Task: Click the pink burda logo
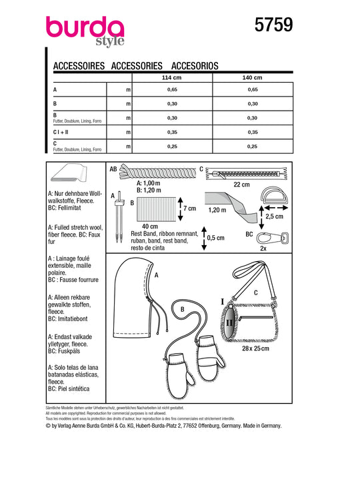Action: click(x=85, y=31)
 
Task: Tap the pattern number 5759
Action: click(x=273, y=25)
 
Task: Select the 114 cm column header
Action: click(x=171, y=78)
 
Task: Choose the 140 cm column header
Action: click(x=252, y=78)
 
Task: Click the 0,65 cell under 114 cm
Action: click(x=172, y=90)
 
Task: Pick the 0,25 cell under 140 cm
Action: click(x=252, y=147)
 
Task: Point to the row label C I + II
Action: click(x=61, y=132)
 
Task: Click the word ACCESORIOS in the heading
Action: click(x=195, y=66)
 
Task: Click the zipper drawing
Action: click(x=247, y=173)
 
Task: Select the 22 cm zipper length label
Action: click(x=242, y=185)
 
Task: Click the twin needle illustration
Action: click(x=119, y=217)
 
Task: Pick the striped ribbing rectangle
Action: click(x=157, y=209)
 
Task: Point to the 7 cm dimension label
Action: click(x=190, y=209)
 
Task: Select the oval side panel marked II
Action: click(x=229, y=322)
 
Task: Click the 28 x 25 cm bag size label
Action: click(x=255, y=348)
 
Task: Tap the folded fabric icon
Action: click(x=68, y=173)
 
